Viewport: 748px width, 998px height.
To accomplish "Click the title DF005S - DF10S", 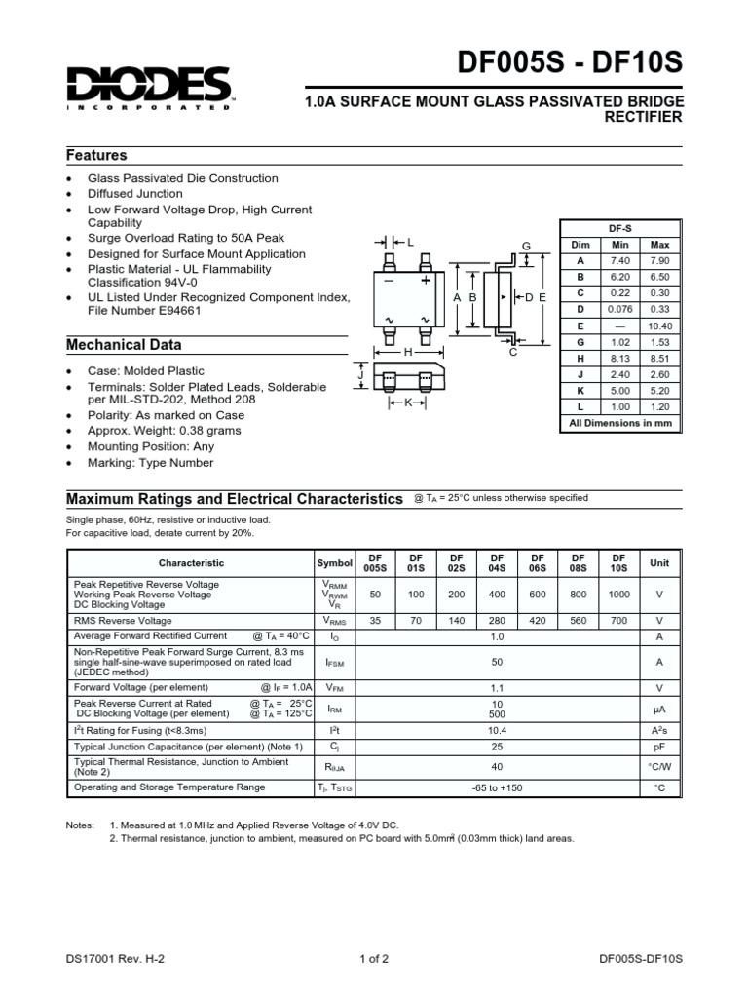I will pyautogui.click(x=570, y=64).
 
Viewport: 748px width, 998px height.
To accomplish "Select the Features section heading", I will pyautogui.click(x=96, y=156).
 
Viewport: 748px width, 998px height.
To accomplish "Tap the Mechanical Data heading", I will pyautogui.click(x=123, y=345).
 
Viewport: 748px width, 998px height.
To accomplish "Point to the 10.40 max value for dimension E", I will pyautogui.click(x=659, y=326).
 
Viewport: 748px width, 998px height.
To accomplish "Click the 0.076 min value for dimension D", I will pyautogui.click(x=620, y=309).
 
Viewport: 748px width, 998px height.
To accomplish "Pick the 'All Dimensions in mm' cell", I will pyautogui.click(x=620, y=423).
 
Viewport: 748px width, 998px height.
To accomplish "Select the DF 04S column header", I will pyautogui.click(x=497, y=563).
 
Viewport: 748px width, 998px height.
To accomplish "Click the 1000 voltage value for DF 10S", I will pyautogui.click(x=618, y=594).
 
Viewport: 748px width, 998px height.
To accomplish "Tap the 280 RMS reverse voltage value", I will pyautogui.click(x=497, y=620).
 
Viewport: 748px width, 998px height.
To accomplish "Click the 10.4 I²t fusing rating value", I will pyautogui.click(x=497, y=730).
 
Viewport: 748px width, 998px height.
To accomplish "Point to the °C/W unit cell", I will pyautogui.click(x=659, y=767).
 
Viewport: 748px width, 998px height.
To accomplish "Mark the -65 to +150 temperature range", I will pyautogui.click(x=497, y=787).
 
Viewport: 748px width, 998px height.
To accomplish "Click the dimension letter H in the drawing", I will pyautogui.click(x=409, y=352).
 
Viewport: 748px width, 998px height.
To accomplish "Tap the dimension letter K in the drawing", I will pyautogui.click(x=409, y=402).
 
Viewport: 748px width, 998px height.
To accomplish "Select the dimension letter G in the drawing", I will pyautogui.click(x=526, y=248).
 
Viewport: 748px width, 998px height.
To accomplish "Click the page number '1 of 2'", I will pyautogui.click(x=374, y=959).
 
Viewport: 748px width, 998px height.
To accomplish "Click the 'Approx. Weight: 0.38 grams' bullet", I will pyautogui.click(x=165, y=430).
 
